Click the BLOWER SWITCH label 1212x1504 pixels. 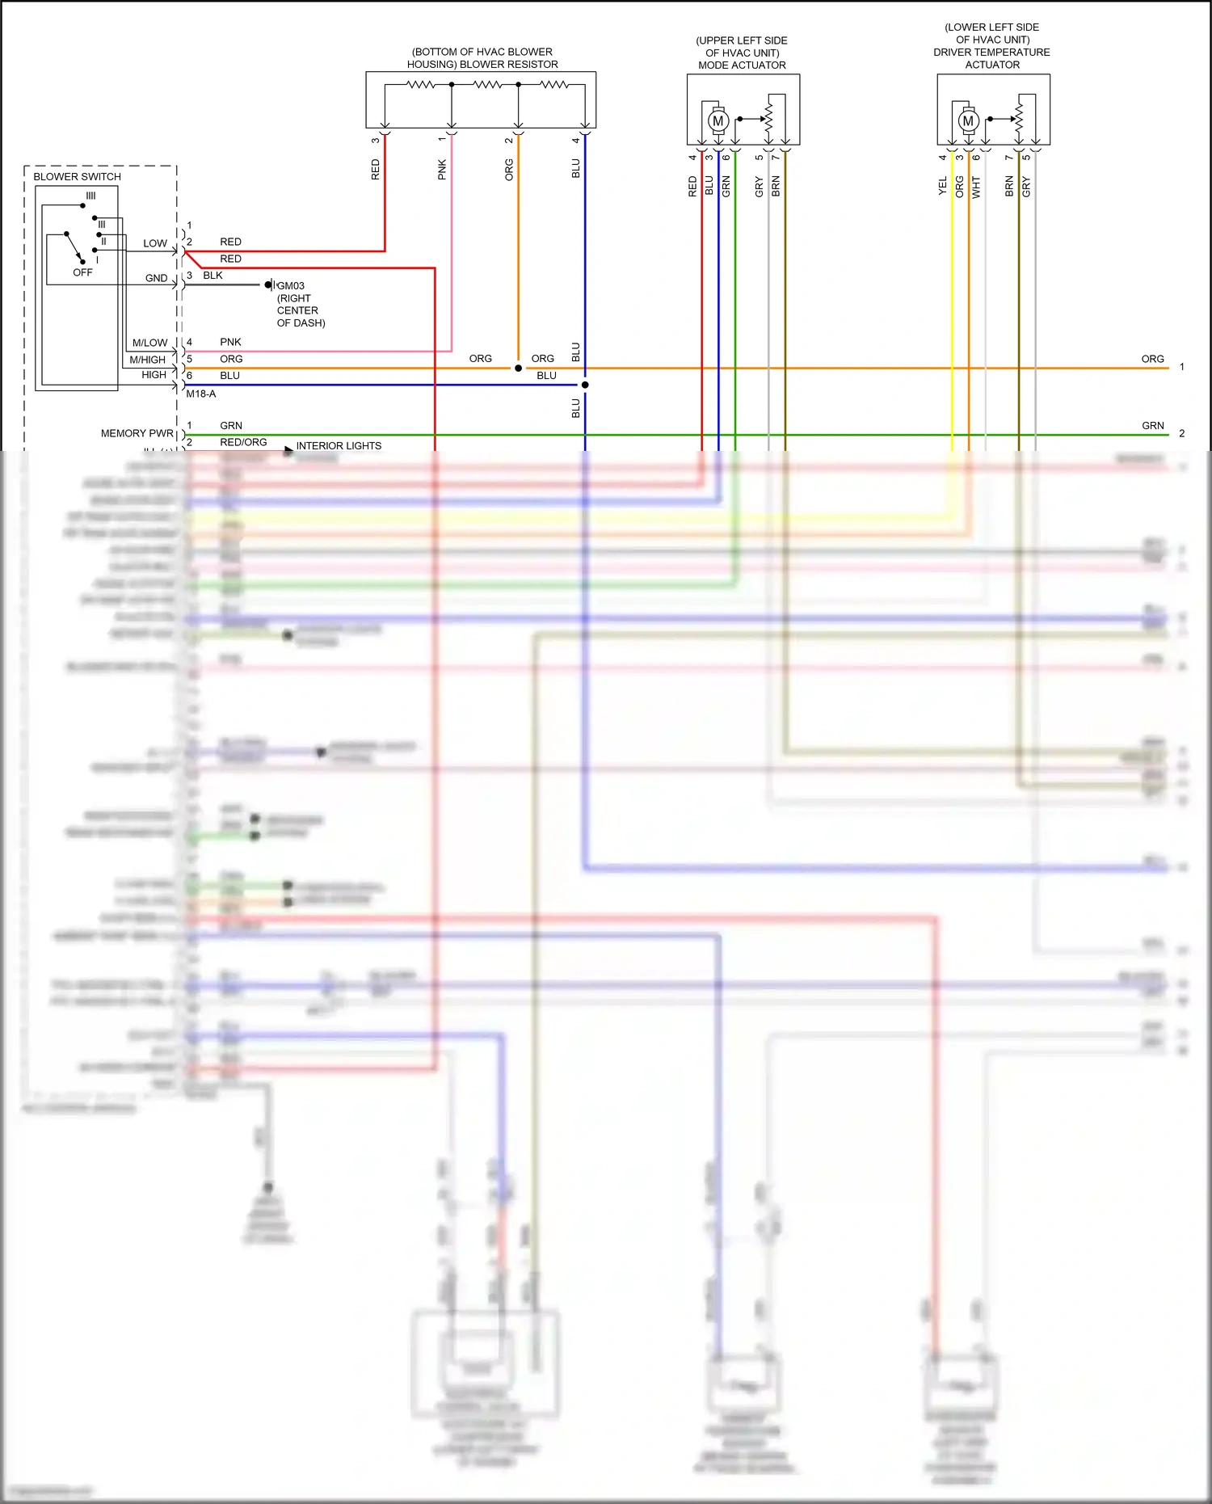[x=77, y=176]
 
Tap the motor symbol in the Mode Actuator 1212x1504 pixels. [x=718, y=121]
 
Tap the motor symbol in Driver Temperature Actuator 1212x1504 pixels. [x=968, y=121]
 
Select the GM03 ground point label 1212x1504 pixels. [x=291, y=285]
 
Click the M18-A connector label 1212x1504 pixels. [x=200, y=394]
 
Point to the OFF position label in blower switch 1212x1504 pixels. [x=82, y=272]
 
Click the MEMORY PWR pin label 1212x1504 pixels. [x=137, y=433]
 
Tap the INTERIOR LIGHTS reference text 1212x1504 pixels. [x=339, y=445]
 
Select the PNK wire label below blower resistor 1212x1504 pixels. [x=442, y=169]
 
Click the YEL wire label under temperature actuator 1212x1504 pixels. [x=942, y=187]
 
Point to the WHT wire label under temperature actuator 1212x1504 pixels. [x=976, y=187]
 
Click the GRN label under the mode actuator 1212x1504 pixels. [x=726, y=186]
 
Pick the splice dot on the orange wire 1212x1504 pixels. [x=518, y=368]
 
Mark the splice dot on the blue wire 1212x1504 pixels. [x=585, y=385]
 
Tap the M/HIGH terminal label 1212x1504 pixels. [x=147, y=360]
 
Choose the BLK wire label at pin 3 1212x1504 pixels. [x=213, y=275]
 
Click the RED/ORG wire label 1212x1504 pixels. [x=243, y=442]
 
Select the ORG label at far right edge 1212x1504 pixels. [x=1152, y=359]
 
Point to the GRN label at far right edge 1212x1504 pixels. [x=1152, y=425]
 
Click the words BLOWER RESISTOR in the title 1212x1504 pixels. [x=508, y=64]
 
